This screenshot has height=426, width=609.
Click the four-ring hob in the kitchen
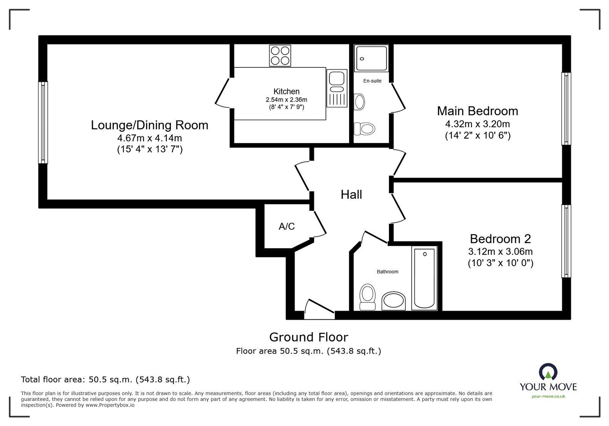[x=280, y=56]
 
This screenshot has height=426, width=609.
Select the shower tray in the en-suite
[x=371, y=58]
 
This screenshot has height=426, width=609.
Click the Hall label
[x=351, y=195]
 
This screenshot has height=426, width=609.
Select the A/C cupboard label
[x=287, y=227]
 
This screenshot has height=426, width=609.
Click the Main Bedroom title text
[x=477, y=111]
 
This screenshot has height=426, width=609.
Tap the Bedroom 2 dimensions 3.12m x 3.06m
[x=500, y=252]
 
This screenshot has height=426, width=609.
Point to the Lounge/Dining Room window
[x=43, y=123]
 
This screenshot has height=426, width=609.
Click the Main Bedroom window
[x=566, y=108]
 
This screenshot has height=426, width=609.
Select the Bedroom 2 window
[x=566, y=241]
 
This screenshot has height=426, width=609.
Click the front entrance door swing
[x=319, y=308]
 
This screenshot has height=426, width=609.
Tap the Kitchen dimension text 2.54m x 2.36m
[x=286, y=100]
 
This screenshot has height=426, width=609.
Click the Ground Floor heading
[x=308, y=337]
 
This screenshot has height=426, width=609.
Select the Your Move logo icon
[x=548, y=372]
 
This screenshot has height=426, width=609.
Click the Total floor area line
[x=105, y=380]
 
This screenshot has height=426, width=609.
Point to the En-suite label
[x=372, y=81]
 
